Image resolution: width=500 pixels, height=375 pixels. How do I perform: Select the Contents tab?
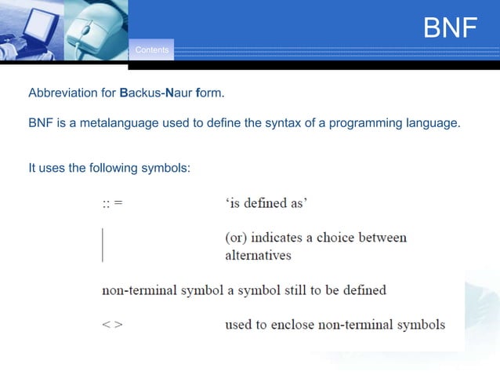151,50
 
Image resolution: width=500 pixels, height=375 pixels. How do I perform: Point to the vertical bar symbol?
103,245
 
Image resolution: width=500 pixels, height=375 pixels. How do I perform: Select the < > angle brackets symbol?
112,325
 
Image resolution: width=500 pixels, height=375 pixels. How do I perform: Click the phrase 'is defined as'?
266,204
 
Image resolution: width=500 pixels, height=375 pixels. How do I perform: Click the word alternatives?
258,256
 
